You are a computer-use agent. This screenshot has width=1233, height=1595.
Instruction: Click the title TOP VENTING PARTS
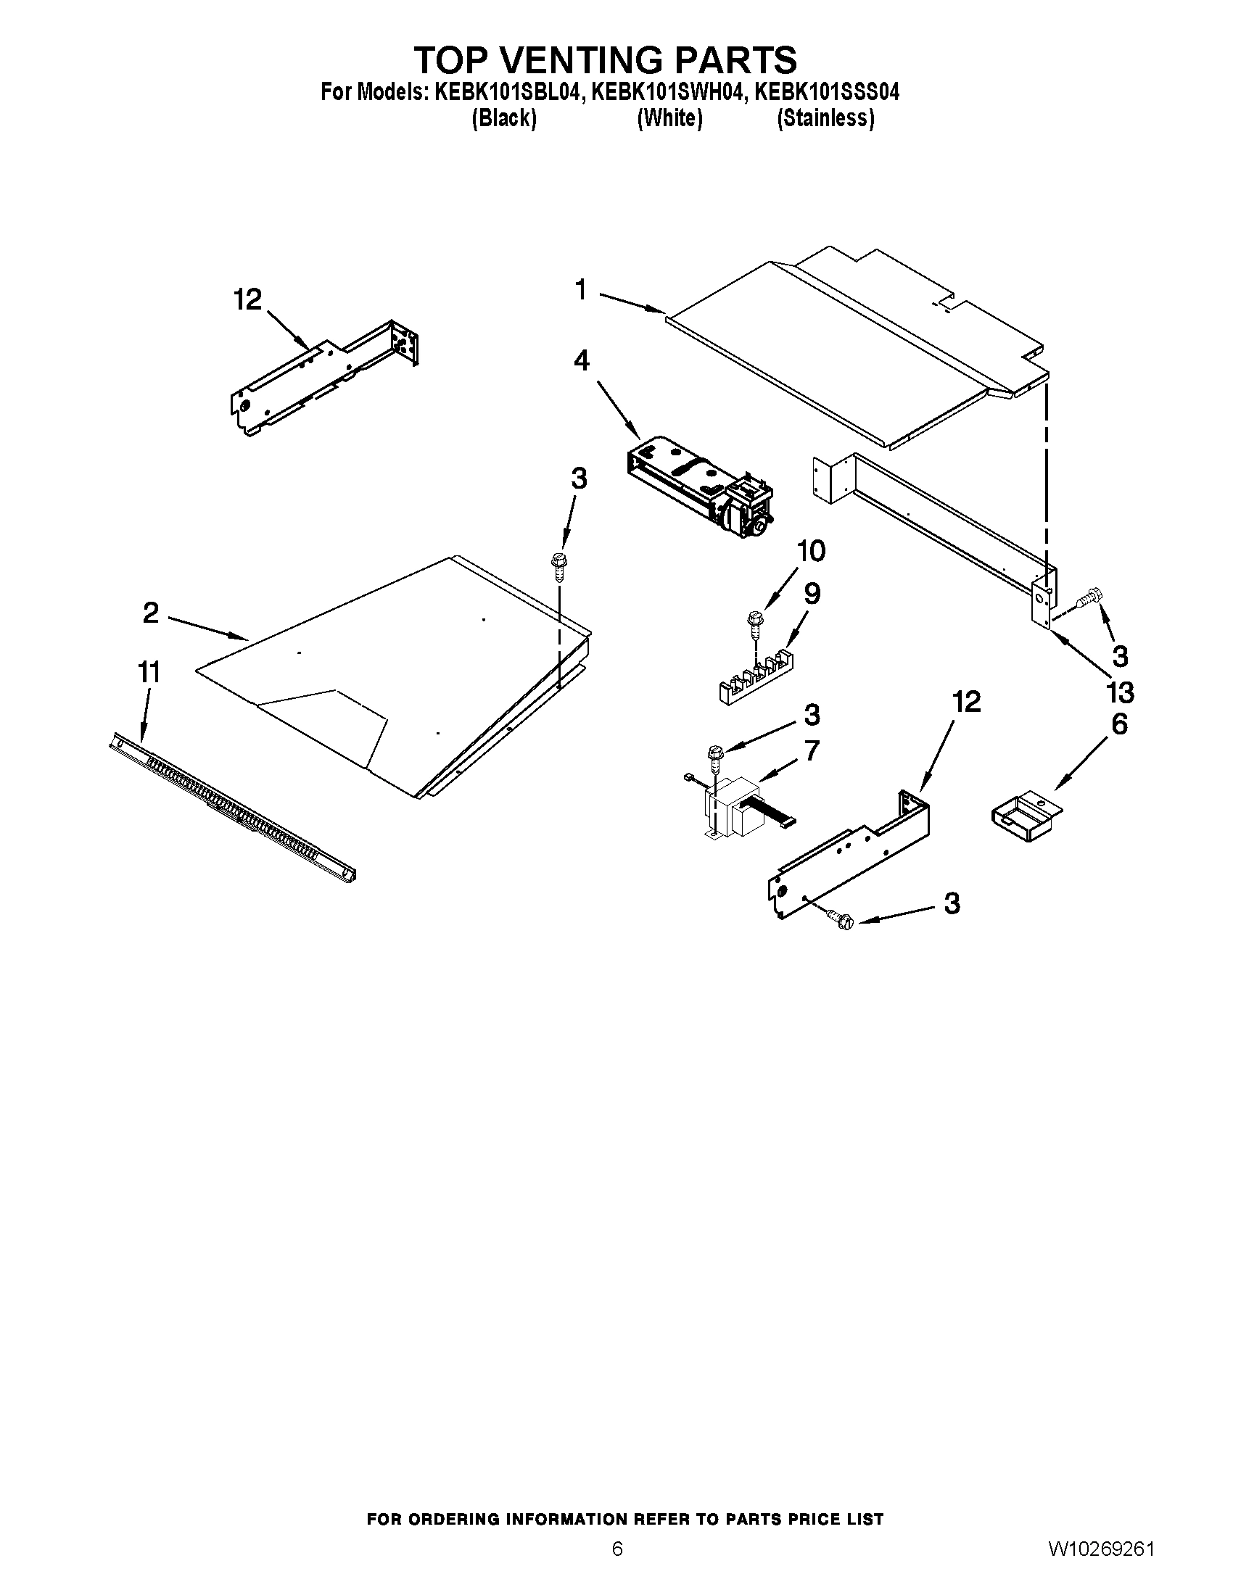coord(606,59)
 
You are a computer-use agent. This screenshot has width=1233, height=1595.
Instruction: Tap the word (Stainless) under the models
coord(825,118)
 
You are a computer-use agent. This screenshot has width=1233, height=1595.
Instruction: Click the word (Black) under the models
coord(504,118)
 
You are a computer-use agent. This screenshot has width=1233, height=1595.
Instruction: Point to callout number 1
coord(581,290)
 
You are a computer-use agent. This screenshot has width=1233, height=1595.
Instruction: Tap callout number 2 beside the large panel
coord(150,613)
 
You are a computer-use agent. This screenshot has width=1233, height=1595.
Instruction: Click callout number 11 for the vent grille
coord(149,671)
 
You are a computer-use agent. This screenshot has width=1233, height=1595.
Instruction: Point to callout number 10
coord(810,551)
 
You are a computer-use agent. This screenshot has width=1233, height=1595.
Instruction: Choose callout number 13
coord(1120,691)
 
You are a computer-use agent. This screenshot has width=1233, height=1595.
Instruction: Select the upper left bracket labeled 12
coord(325,380)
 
